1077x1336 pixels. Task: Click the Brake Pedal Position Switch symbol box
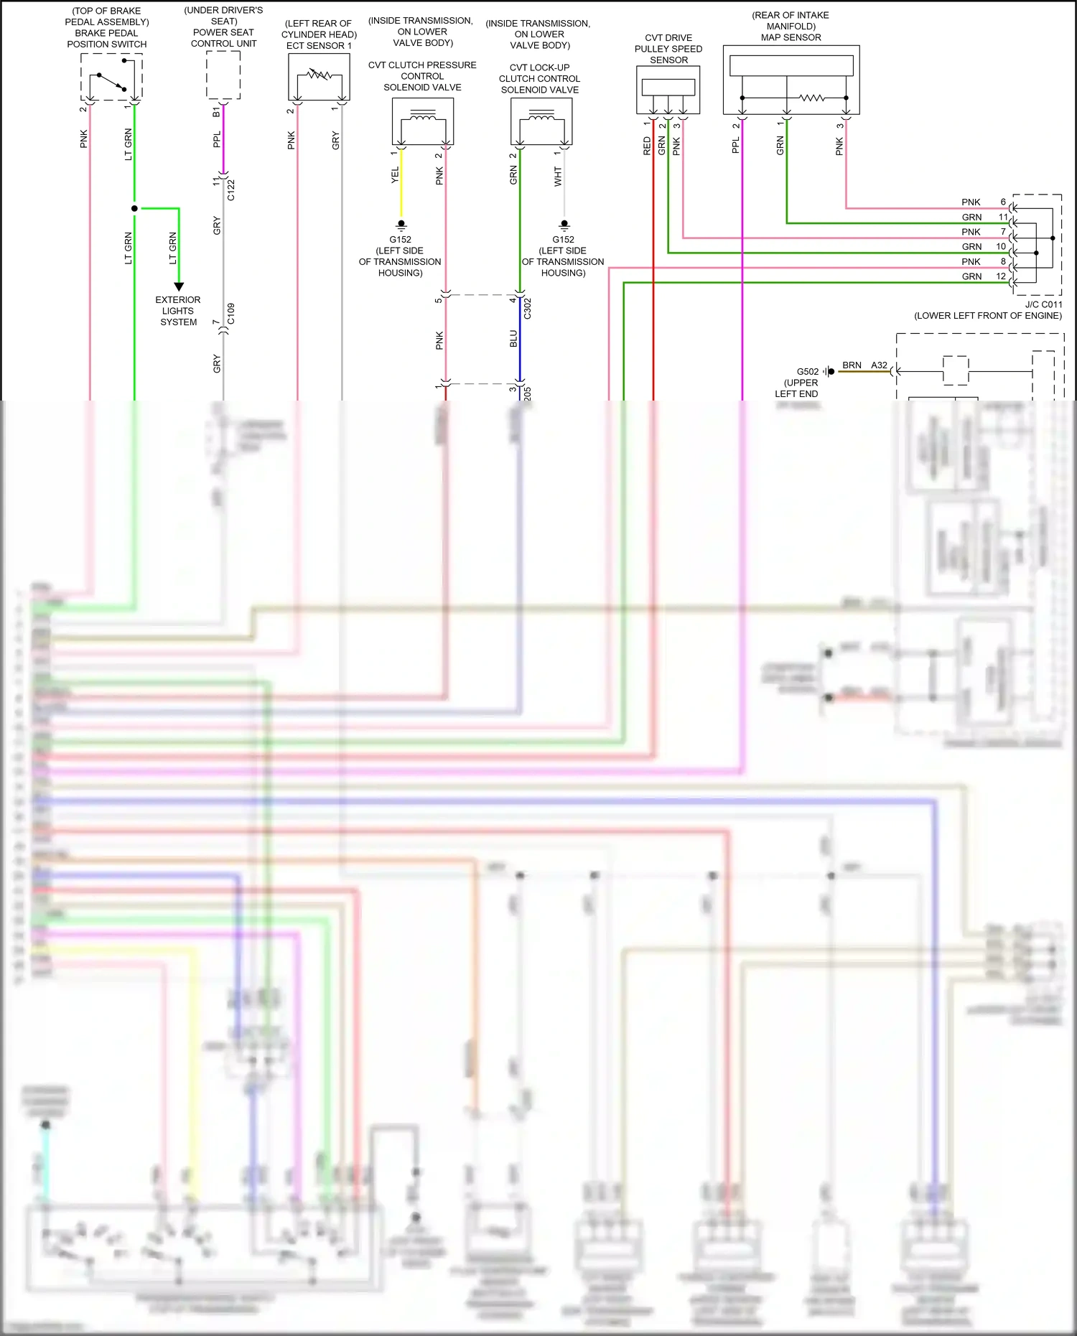[111, 76]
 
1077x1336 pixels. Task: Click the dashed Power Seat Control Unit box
[223, 75]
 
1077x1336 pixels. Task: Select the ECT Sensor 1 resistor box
[319, 77]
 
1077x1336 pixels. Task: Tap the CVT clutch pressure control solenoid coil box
[423, 121]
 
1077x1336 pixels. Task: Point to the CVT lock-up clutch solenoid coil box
[541, 121]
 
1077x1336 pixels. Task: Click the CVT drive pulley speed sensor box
[668, 90]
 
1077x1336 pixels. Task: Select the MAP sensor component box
[791, 80]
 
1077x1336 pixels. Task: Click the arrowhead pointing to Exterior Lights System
[179, 286]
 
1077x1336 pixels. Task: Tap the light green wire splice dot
[134, 208]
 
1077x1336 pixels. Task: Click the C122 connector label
[231, 190]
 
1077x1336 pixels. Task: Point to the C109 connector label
[231, 314]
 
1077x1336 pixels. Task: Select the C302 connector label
[528, 309]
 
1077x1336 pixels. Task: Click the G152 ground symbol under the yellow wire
[401, 225]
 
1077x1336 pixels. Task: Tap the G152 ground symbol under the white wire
[564, 225]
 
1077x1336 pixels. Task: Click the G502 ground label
[808, 372]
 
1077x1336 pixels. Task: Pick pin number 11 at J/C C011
[1003, 217]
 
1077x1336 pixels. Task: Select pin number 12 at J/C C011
[1001, 276]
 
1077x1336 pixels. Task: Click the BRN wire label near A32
[852, 365]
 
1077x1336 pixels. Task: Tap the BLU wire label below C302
[513, 339]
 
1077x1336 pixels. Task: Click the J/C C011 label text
[1043, 304]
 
